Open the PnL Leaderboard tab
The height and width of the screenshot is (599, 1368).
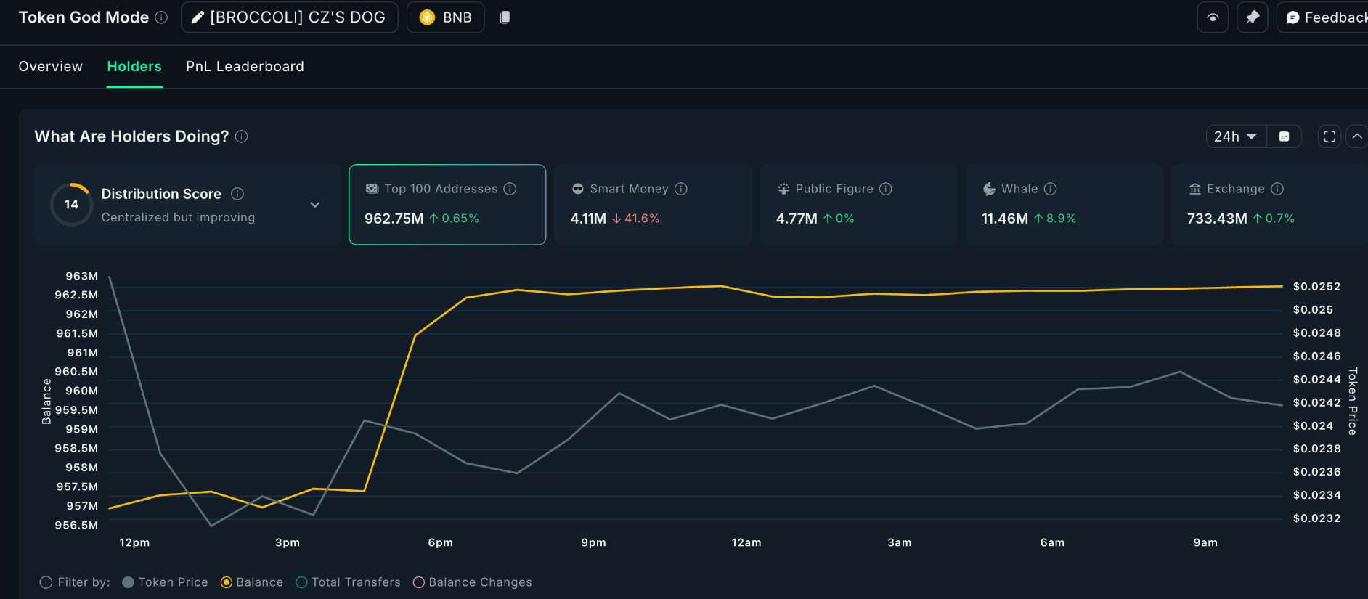(245, 66)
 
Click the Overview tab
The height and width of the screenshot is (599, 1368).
(50, 66)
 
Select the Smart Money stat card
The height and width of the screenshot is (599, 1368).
(652, 204)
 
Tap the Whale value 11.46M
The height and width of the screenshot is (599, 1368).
(1004, 219)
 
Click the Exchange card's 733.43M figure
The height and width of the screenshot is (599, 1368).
(1216, 219)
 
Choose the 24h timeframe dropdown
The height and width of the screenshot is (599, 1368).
(1235, 136)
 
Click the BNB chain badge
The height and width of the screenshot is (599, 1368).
(445, 17)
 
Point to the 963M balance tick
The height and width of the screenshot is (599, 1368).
(81, 276)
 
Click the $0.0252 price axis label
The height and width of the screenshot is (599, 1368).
(1316, 287)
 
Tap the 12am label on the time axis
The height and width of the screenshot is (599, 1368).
(746, 542)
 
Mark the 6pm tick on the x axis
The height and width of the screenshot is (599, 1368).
(440, 542)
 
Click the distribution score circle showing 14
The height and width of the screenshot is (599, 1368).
(71, 205)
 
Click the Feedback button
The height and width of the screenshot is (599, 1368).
(1325, 17)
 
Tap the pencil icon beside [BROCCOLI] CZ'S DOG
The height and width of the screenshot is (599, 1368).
(198, 17)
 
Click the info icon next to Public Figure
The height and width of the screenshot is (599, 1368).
(885, 189)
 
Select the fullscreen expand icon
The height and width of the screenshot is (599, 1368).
(1329, 136)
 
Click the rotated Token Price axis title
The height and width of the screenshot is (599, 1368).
(1352, 401)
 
